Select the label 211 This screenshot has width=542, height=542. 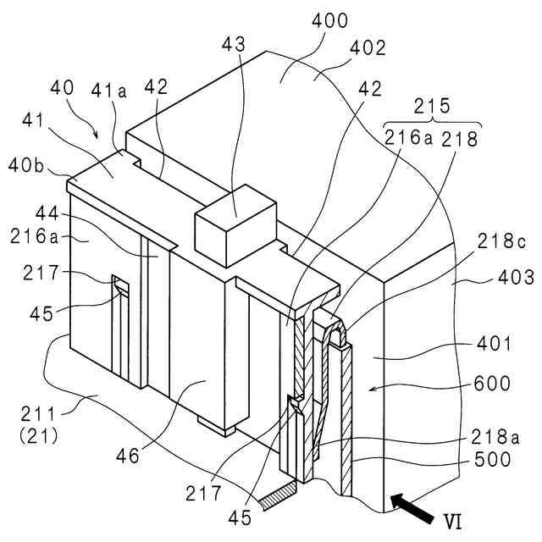point(39,416)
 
